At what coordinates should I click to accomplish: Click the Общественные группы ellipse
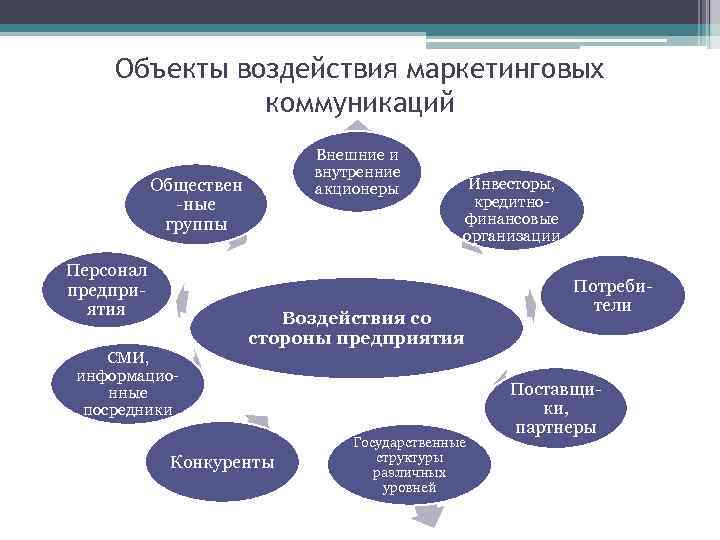[196, 203]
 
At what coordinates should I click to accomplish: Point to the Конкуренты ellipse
[222, 462]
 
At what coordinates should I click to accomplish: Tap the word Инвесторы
[512, 184]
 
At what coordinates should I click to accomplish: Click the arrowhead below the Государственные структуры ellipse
[428, 515]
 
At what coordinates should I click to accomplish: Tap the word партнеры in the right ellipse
[556, 428]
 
